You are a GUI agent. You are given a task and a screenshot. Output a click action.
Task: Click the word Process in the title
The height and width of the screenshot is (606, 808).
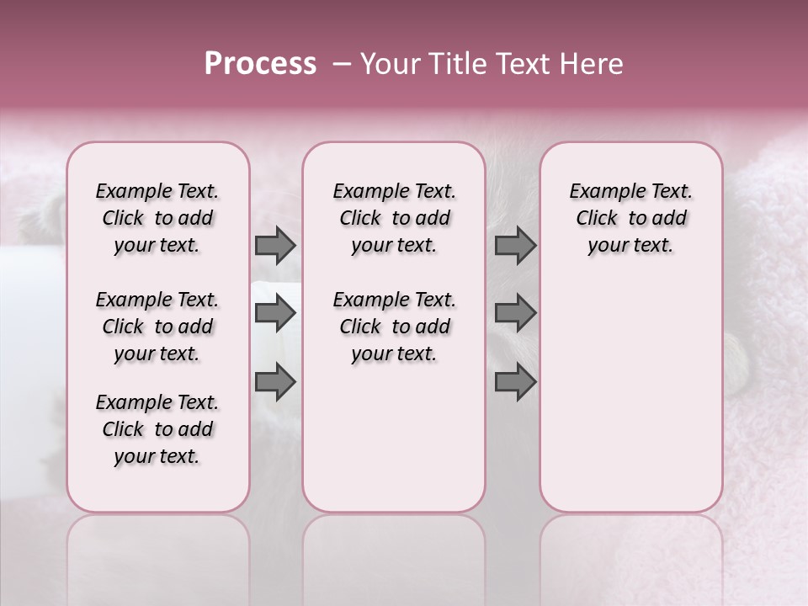click(x=260, y=64)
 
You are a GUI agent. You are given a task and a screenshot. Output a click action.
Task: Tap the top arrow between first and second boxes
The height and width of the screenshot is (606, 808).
click(x=275, y=245)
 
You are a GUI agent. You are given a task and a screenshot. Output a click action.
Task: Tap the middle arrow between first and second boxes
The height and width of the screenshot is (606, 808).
click(x=275, y=314)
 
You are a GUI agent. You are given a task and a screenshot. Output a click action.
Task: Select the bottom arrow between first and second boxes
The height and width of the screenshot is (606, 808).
click(x=275, y=382)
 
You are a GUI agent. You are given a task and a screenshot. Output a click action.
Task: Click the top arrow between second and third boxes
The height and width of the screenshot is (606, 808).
click(x=515, y=245)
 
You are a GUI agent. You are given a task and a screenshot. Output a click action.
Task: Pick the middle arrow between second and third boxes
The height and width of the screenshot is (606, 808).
click(x=515, y=314)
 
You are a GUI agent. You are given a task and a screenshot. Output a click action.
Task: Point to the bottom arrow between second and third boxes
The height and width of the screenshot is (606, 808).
click(x=515, y=382)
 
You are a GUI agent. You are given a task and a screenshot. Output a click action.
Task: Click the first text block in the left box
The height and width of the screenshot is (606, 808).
click(x=157, y=218)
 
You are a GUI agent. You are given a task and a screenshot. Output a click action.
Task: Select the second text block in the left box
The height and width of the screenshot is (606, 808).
click(x=157, y=327)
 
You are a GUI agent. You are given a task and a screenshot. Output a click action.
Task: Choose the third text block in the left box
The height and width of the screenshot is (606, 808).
click(x=157, y=429)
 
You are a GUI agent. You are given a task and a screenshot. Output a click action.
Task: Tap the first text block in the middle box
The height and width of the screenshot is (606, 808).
click(x=394, y=218)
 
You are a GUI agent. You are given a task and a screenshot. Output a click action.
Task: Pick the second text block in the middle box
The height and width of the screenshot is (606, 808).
click(x=394, y=327)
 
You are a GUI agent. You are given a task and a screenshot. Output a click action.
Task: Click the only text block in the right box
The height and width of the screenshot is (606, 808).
click(x=630, y=218)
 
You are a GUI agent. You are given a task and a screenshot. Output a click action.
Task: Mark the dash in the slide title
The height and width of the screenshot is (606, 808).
click(x=341, y=64)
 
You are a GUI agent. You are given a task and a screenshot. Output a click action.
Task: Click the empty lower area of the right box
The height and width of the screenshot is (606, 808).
click(x=630, y=396)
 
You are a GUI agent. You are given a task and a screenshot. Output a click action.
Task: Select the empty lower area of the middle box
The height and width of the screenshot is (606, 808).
click(x=394, y=438)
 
